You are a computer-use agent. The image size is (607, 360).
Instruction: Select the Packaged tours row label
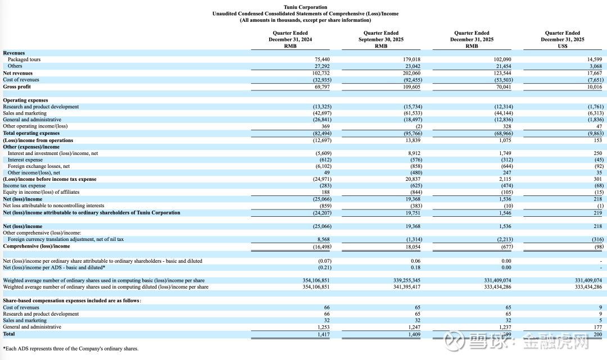[x=24, y=60]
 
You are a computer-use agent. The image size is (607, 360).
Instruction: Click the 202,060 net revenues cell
[x=410, y=73]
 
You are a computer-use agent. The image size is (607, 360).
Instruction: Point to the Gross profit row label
[x=17, y=86]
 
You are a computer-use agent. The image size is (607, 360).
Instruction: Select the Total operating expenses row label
[x=31, y=133]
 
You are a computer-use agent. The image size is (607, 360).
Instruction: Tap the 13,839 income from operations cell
[x=412, y=140]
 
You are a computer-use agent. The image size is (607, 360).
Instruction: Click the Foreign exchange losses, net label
[x=39, y=166]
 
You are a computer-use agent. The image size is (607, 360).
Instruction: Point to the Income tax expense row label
[x=25, y=185]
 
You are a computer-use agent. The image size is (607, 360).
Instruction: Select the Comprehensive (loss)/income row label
[x=37, y=246]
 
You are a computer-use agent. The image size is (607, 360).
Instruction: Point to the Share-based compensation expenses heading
[x=72, y=300]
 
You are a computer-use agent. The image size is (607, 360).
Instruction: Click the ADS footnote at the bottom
[x=70, y=349]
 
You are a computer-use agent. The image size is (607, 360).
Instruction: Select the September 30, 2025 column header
[x=381, y=39]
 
